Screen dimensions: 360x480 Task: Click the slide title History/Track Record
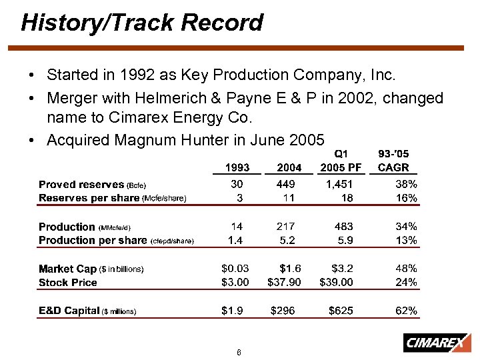pyautogui.click(x=142, y=23)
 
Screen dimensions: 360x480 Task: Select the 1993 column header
pyautogui.click(x=237, y=167)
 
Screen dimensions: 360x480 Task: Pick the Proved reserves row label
pyautogui.click(x=81, y=184)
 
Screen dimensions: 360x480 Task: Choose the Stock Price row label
pyautogui.click(x=68, y=283)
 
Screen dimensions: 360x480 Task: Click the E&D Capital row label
pyautogui.click(x=69, y=311)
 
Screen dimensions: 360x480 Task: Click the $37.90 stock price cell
pyautogui.click(x=284, y=282)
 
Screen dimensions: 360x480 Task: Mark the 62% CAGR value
pyautogui.click(x=406, y=311)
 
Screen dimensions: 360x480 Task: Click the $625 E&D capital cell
pyautogui.click(x=341, y=311)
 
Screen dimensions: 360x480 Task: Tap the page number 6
pyautogui.click(x=239, y=352)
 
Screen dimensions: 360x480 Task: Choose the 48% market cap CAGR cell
pyautogui.click(x=406, y=269)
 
